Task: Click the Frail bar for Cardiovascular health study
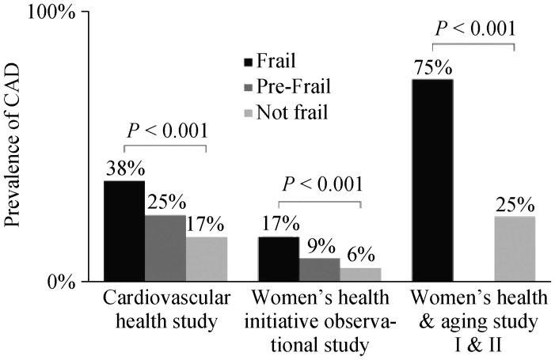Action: coord(124,231)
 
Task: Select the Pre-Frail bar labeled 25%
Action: coord(165,248)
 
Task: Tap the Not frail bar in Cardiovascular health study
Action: coord(206,259)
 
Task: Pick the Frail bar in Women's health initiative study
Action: coord(278,259)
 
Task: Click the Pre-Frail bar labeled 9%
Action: coord(319,270)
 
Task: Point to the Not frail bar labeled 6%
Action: coord(360,275)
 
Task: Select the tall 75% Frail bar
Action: coord(432,180)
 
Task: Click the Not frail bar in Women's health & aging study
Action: coord(515,248)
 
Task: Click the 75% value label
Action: coord(432,67)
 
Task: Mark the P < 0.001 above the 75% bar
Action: coord(474,28)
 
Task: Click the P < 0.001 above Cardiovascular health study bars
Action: coord(165,131)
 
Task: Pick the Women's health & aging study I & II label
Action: coord(476,321)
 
